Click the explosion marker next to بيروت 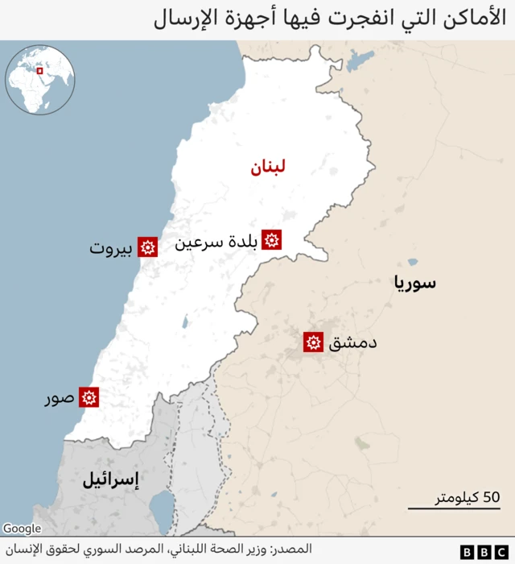click(147, 247)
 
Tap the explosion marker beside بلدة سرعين click(272, 239)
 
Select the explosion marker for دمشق click(313, 342)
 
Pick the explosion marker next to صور click(89, 397)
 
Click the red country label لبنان click(266, 168)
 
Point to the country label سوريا click(414, 283)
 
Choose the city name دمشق click(352, 343)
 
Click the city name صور click(59, 398)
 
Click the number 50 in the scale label click(491, 496)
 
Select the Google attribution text click(22, 529)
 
